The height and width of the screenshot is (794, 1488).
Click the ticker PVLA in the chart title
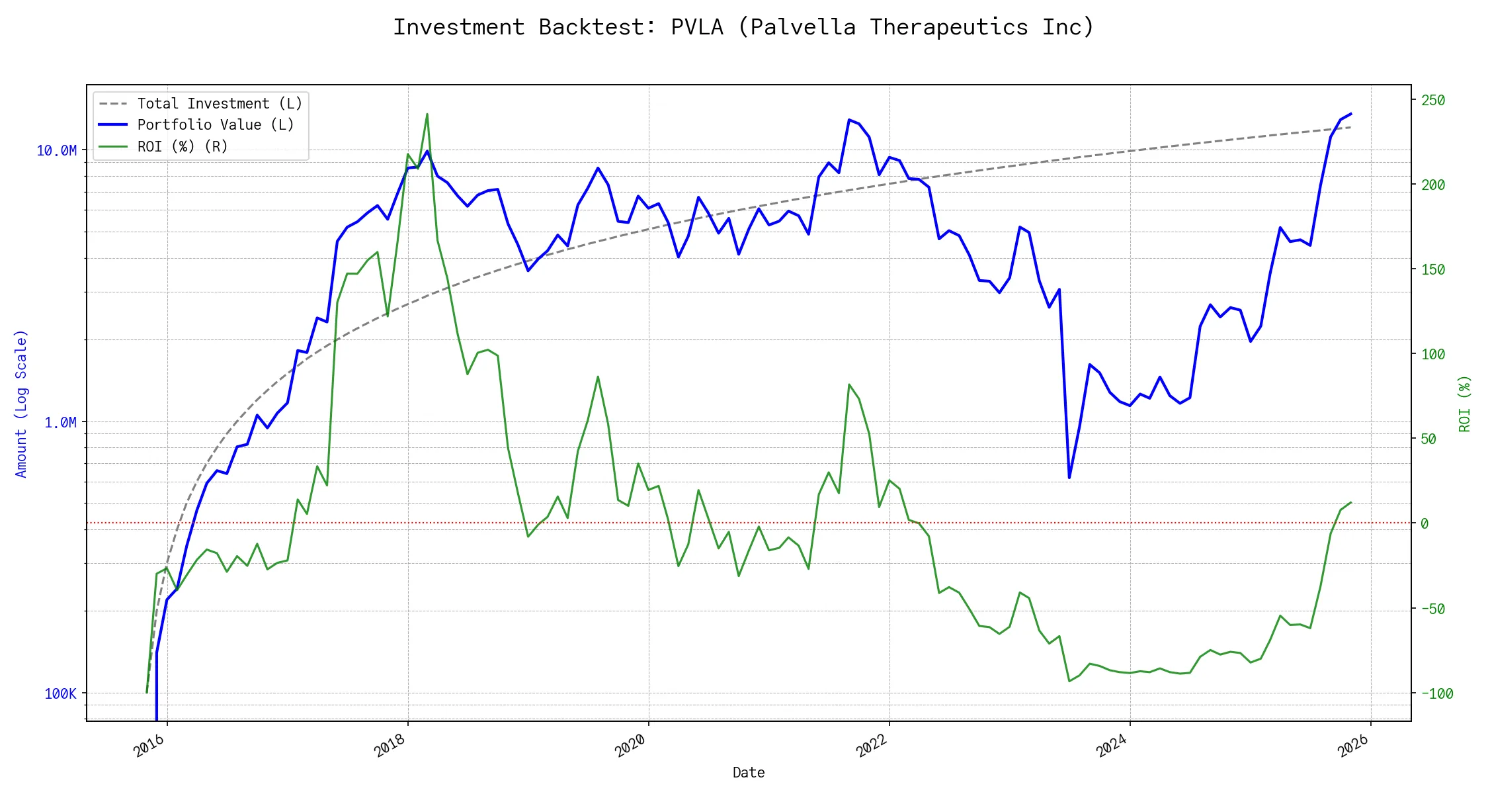[x=697, y=27]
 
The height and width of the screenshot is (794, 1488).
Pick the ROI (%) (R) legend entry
[x=183, y=146]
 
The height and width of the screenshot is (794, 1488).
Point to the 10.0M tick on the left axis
[x=56, y=151]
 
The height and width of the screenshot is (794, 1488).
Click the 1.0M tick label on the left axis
[x=60, y=422]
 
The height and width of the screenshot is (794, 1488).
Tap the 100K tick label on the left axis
[x=60, y=693]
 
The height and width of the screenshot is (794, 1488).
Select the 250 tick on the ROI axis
[x=1433, y=100]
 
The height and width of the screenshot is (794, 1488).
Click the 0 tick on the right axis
[x=1425, y=523]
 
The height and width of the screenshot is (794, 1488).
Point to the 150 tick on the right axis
[x=1433, y=269]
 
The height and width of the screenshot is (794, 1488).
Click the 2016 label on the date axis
[x=149, y=746]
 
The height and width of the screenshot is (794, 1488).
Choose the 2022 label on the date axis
[x=871, y=746]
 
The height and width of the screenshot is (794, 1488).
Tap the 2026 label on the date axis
[x=1352, y=746]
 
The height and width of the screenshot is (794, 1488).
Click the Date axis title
[x=749, y=772]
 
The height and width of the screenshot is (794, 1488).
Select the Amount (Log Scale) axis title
[x=21, y=404]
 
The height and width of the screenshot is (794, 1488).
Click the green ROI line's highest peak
[x=427, y=114]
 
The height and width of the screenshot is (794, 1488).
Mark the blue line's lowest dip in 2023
[x=1069, y=477]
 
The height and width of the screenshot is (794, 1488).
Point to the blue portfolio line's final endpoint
[x=1350, y=114]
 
